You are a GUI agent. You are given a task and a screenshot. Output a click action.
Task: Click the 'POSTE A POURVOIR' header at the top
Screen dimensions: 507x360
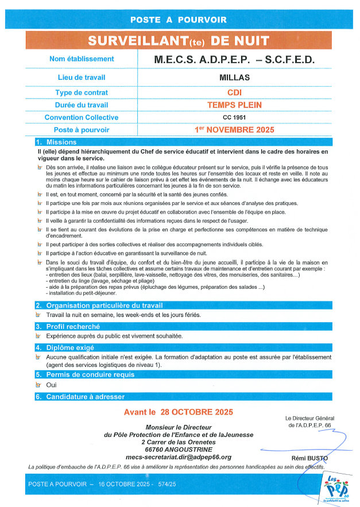pos(179,20)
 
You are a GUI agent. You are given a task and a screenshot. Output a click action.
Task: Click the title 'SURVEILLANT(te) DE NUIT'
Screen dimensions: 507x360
pos(179,40)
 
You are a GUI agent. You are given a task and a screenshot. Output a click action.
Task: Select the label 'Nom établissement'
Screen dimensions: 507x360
pos(82,59)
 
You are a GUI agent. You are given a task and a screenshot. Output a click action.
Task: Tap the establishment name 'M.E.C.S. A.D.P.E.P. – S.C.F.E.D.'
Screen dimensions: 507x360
pos(234,59)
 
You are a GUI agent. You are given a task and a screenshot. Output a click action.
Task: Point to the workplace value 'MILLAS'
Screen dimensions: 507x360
pos(234,77)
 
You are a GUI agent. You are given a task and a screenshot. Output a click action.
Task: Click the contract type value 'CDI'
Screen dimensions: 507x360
pos(234,92)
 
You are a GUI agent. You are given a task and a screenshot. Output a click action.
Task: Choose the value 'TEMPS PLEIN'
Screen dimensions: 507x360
pos(234,105)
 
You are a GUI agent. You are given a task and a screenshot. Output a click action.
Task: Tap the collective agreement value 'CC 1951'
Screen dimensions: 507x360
pos(234,118)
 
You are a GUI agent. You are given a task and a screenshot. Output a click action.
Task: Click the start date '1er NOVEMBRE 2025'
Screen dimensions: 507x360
pos(234,130)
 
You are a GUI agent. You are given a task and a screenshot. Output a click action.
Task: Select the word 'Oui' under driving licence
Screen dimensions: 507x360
pos(52,385)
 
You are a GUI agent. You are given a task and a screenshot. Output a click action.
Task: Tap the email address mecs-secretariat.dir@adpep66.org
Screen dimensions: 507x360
pos(179,457)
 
